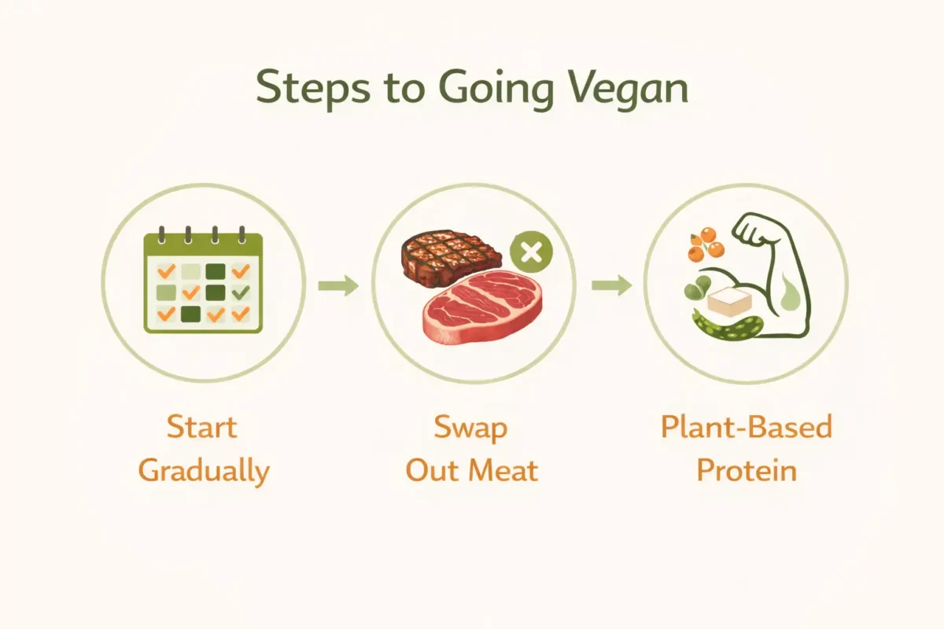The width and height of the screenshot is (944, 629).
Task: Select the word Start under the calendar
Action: point(202,427)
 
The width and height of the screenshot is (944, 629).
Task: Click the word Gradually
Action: point(204,472)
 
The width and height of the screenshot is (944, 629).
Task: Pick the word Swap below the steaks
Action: point(470,429)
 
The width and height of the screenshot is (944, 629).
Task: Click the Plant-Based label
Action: point(747,426)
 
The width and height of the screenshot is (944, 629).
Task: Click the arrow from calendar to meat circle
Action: point(338,285)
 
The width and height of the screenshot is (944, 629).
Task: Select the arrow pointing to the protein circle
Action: point(612,285)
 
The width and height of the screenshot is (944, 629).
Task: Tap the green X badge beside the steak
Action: point(531,252)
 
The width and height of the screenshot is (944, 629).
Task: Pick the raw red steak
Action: point(482,307)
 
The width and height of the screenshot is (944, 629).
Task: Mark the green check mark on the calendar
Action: point(241,292)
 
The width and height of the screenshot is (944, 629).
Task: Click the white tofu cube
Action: point(729,301)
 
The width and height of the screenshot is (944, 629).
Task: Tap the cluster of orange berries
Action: point(706,244)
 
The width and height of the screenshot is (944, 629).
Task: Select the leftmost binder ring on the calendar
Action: point(161,235)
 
